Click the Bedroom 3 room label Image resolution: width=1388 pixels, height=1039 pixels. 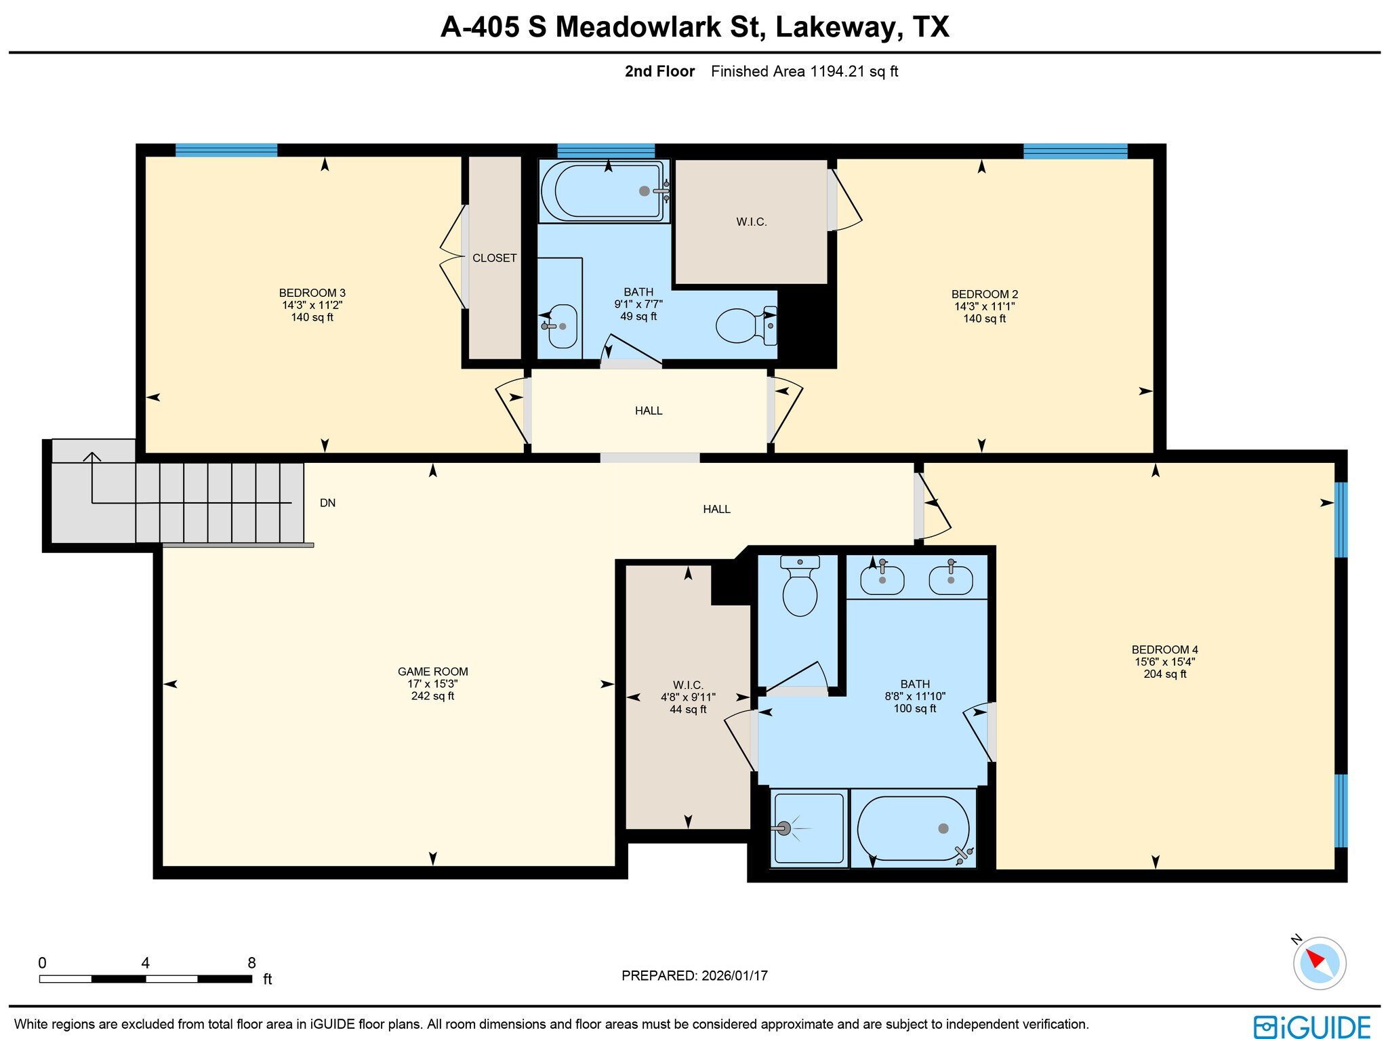312,293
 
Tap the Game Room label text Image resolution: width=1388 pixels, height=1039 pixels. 432,672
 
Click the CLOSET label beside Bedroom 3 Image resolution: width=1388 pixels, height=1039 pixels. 494,258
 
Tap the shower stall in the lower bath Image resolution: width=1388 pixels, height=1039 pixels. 809,828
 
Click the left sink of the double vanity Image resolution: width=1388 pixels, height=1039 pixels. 882,580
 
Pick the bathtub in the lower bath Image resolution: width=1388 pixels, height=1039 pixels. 913,828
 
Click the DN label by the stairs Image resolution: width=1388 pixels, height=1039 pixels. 327,503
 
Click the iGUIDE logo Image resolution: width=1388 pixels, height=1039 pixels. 1311,1026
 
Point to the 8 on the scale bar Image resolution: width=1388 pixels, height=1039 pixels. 251,963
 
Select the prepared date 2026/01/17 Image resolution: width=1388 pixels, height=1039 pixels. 734,976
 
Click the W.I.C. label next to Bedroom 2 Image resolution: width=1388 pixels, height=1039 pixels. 751,222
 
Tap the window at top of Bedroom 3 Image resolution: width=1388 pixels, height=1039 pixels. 226,150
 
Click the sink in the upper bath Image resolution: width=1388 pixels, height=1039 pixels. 562,326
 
